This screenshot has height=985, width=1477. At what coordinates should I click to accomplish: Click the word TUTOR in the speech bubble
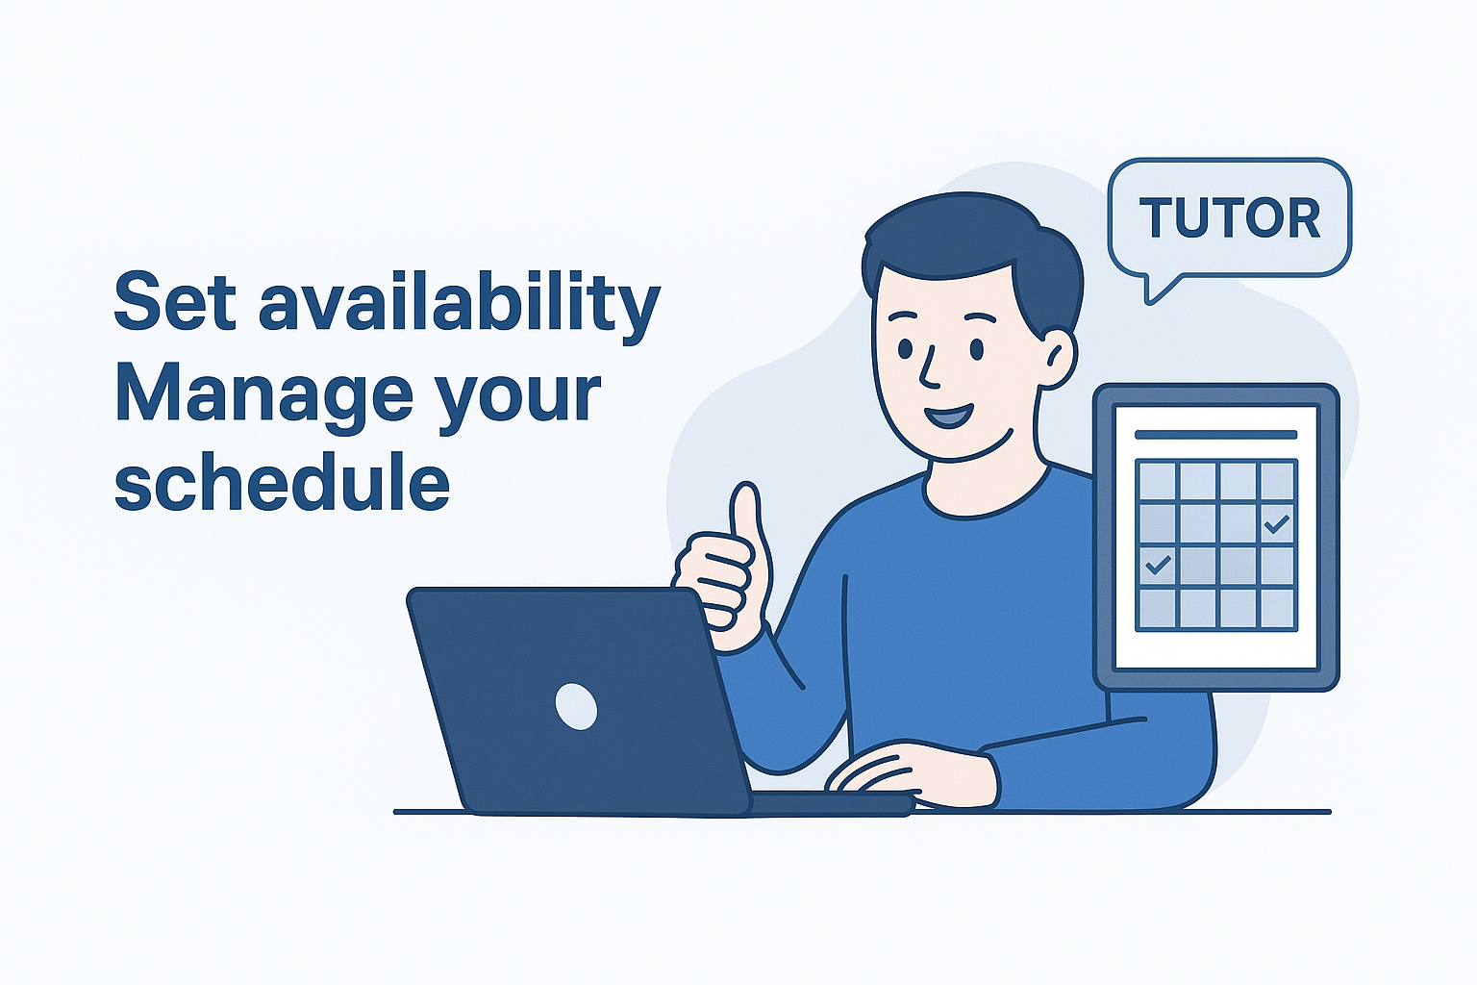(1230, 218)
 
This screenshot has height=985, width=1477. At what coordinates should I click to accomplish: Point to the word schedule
(282, 483)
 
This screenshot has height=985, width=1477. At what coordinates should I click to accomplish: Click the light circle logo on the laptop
(576, 706)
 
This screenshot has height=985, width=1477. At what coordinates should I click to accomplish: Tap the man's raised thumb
(746, 519)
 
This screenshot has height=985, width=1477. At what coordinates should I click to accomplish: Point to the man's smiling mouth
(949, 417)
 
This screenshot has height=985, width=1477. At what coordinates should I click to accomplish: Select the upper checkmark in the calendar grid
(1276, 524)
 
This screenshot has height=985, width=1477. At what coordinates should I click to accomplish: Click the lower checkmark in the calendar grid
(1158, 565)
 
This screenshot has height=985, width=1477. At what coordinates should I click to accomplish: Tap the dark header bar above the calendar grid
(1215, 435)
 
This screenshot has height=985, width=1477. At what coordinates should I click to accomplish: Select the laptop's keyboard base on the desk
(832, 802)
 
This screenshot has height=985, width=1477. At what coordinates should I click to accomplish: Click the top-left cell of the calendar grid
(1156, 480)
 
